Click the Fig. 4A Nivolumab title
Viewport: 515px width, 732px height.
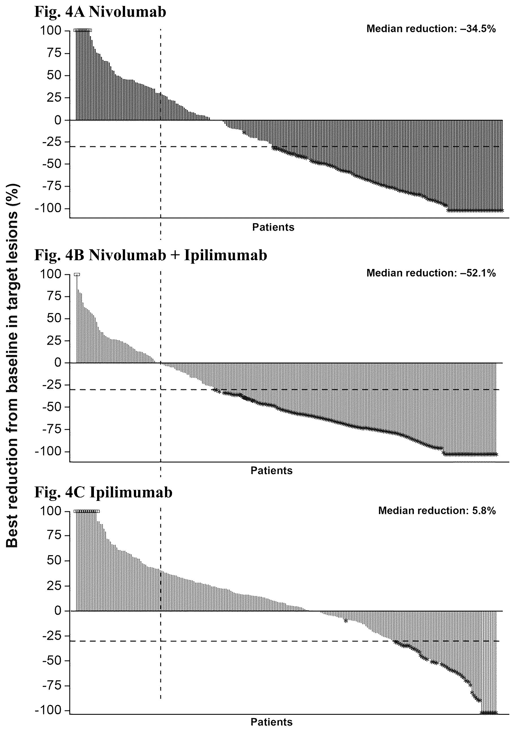[100, 12]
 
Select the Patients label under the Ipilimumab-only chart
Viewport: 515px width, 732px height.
[271, 722]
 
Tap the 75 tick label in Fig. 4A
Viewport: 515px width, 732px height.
[54, 53]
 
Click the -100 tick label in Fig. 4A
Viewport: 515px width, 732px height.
[50, 208]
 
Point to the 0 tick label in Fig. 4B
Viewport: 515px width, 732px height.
[58, 363]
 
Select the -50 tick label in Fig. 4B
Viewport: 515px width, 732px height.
[52, 407]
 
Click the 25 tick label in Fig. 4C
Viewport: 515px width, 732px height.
[54, 586]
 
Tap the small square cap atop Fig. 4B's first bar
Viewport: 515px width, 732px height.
[77, 274]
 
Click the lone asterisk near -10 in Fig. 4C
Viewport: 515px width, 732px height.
[346, 621]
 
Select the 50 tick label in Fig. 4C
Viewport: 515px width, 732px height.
[54, 561]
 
